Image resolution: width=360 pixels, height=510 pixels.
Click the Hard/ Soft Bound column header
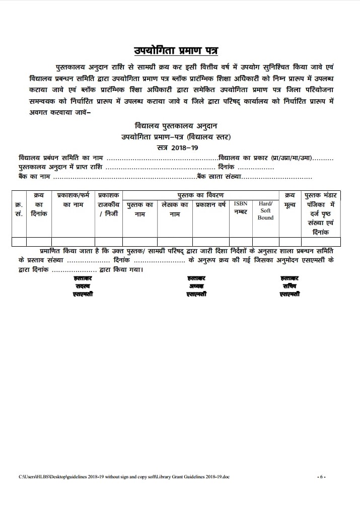[x=265, y=210]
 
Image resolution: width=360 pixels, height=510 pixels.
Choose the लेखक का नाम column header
[x=175, y=209]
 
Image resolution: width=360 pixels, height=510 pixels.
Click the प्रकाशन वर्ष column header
[x=210, y=205]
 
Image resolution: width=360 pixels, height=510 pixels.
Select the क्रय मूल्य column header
[x=290, y=200]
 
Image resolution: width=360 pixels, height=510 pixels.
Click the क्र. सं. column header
[x=19, y=209]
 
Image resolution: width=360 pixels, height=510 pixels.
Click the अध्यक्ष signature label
[x=195, y=285]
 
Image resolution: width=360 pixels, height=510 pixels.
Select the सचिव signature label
[x=290, y=285]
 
